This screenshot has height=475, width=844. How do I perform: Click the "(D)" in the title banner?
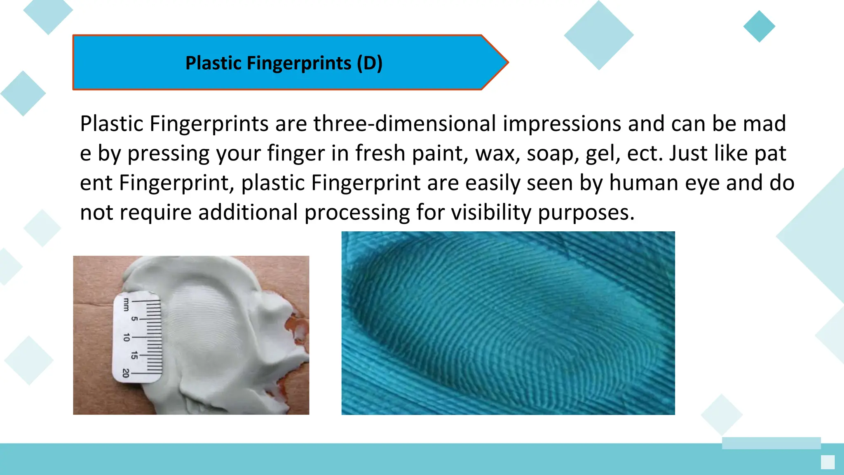(370, 63)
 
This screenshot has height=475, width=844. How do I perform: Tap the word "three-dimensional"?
(405, 124)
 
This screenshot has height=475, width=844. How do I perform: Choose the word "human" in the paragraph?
(644, 183)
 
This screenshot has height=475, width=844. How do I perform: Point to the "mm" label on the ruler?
(126, 304)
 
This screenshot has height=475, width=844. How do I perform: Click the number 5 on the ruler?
(134, 319)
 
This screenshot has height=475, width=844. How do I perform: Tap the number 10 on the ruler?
(127, 337)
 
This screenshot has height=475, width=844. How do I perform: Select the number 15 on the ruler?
(134, 355)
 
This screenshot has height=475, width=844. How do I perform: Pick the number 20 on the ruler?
(126, 373)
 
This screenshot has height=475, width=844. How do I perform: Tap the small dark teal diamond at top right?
(759, 26)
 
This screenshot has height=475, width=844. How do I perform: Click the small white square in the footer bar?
(828, 462)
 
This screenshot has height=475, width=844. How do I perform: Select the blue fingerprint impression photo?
(508, 323)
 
